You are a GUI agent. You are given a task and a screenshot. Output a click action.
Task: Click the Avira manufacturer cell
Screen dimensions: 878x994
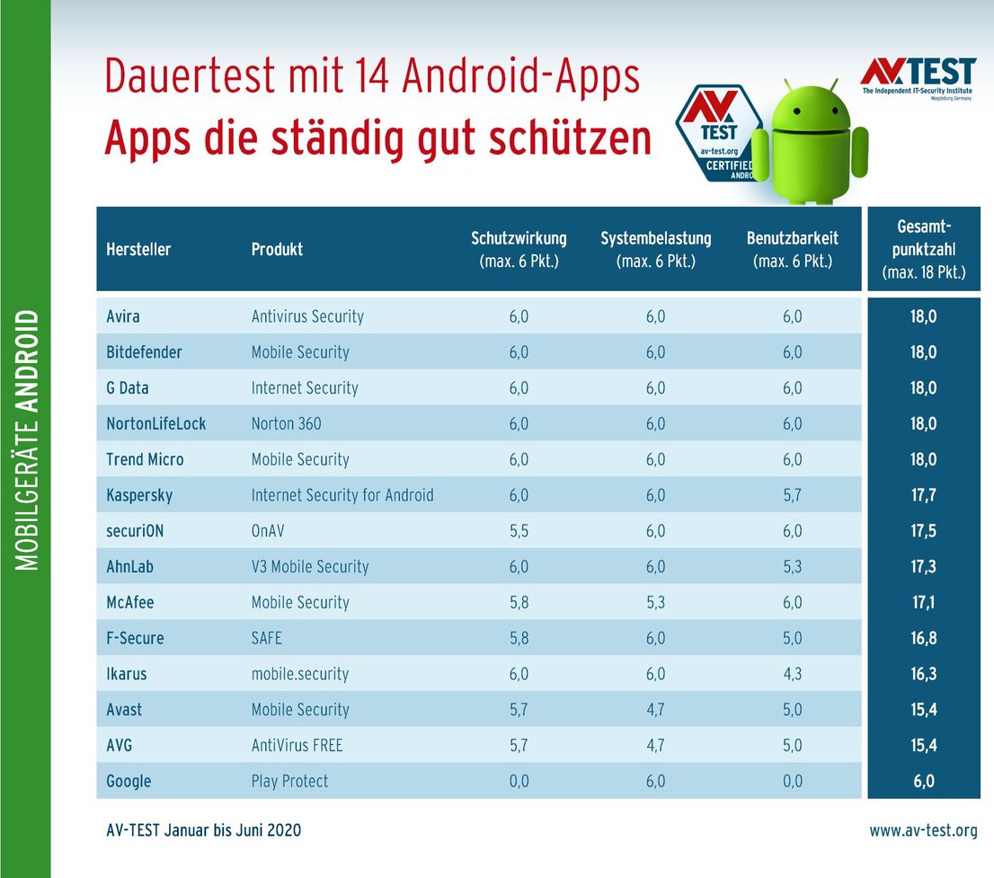pos(123,316)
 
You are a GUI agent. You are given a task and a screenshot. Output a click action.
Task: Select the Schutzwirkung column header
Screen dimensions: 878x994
pos(519,249)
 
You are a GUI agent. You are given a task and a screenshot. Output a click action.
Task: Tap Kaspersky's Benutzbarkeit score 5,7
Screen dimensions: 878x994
pos(793,495)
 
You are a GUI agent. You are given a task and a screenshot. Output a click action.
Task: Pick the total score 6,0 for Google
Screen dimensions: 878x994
pos(923,781)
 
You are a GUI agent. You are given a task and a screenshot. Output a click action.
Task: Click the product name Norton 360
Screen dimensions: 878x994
pos(286,423)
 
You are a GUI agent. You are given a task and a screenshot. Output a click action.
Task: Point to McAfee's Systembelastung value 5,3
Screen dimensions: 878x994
pos(655,602)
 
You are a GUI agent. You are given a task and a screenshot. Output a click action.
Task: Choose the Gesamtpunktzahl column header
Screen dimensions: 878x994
pos(924,249)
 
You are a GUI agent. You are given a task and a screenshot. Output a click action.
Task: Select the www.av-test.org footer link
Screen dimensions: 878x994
pos(923,831)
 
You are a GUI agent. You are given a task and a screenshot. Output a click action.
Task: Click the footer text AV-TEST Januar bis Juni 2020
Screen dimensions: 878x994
pos(203,831)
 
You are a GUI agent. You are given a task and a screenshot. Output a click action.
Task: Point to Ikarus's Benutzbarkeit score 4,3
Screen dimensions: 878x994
pos(793,674)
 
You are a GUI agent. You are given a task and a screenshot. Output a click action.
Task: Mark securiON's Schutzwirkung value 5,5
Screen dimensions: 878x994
pos(519,531)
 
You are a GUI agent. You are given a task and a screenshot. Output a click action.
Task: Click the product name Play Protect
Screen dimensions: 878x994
pos(289,781)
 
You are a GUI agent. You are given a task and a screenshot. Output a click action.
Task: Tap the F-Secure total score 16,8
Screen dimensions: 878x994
pos(923,638)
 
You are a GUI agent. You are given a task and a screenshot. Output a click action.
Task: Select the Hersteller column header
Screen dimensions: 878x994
pos(138,249)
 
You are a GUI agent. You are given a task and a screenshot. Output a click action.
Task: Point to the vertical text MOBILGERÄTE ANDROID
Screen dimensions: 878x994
pos(28,440)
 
